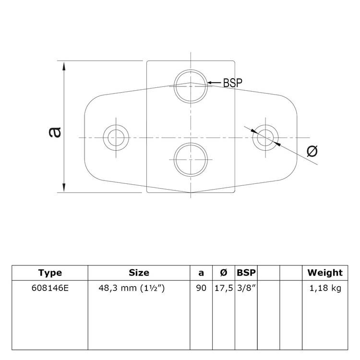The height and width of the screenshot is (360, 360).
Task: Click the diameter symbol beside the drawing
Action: [x=312, y=151]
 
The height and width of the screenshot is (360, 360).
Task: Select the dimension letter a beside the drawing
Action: [x=55, y=131]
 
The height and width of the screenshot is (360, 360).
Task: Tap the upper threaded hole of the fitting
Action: [x=191, y=85]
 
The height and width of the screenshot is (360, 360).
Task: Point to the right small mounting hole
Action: [x=266, y=137]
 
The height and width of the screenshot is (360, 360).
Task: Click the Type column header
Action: [x=50, y=273]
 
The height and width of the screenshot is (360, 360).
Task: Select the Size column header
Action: [x=139, y=273]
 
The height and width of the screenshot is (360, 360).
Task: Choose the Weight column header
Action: [x=325, y=273]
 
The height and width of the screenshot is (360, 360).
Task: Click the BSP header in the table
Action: [x=246, y=273]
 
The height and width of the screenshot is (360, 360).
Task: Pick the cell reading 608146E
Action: [x=50, y=289]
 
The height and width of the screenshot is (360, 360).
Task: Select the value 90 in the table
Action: [x=201, y=289]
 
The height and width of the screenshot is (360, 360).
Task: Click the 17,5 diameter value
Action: [x=223, y=289]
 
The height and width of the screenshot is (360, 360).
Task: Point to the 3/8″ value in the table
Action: [x=246, y=289]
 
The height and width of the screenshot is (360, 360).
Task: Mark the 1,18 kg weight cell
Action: [x=325, y=289]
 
